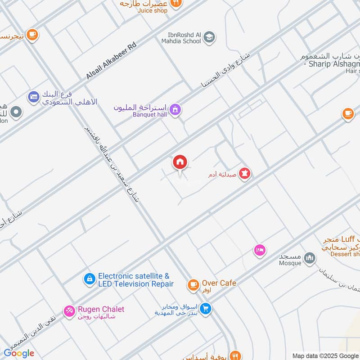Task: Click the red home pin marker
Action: click(180, 162)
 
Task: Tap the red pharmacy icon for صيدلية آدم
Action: click(244, 173)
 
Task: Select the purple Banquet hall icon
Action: click(175, 109)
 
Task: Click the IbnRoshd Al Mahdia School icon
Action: click(209, 37)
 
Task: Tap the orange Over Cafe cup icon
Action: click(193, 284)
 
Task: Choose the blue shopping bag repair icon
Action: click(89, 279)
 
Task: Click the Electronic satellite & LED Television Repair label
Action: click(135, 280)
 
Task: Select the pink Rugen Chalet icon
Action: click(69, 310)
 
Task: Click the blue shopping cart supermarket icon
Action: click(206, 309)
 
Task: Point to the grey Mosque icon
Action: click(309, 258)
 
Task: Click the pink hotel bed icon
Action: click(259, 250)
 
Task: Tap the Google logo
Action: click(19, 353)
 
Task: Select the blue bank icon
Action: click(33, 96)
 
